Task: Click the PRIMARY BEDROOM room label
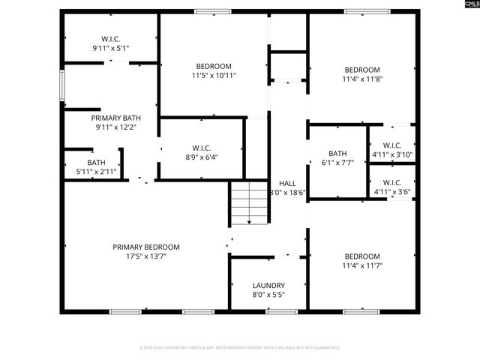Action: click(146, 247)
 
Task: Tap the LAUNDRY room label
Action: click(268, 286)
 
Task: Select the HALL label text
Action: click(287, 183)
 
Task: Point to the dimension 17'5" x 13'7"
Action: click(146, 256)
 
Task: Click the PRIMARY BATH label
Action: click(115, 118)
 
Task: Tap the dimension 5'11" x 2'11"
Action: click(96, 172)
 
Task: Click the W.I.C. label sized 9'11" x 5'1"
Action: click(111, 39)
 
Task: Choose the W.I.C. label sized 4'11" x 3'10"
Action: click(392, 145)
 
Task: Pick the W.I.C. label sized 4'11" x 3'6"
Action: click(392, 182)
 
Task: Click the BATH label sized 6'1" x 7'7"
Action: click(337, 153)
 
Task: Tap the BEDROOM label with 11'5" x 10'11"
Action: click(214, 66)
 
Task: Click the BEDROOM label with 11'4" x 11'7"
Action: click(361, 256)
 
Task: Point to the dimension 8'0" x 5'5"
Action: click(268, 295)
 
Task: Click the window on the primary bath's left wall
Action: click(62, 85)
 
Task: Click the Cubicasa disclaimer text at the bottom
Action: click(240, 348)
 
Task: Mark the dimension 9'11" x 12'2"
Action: click(115, 127)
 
